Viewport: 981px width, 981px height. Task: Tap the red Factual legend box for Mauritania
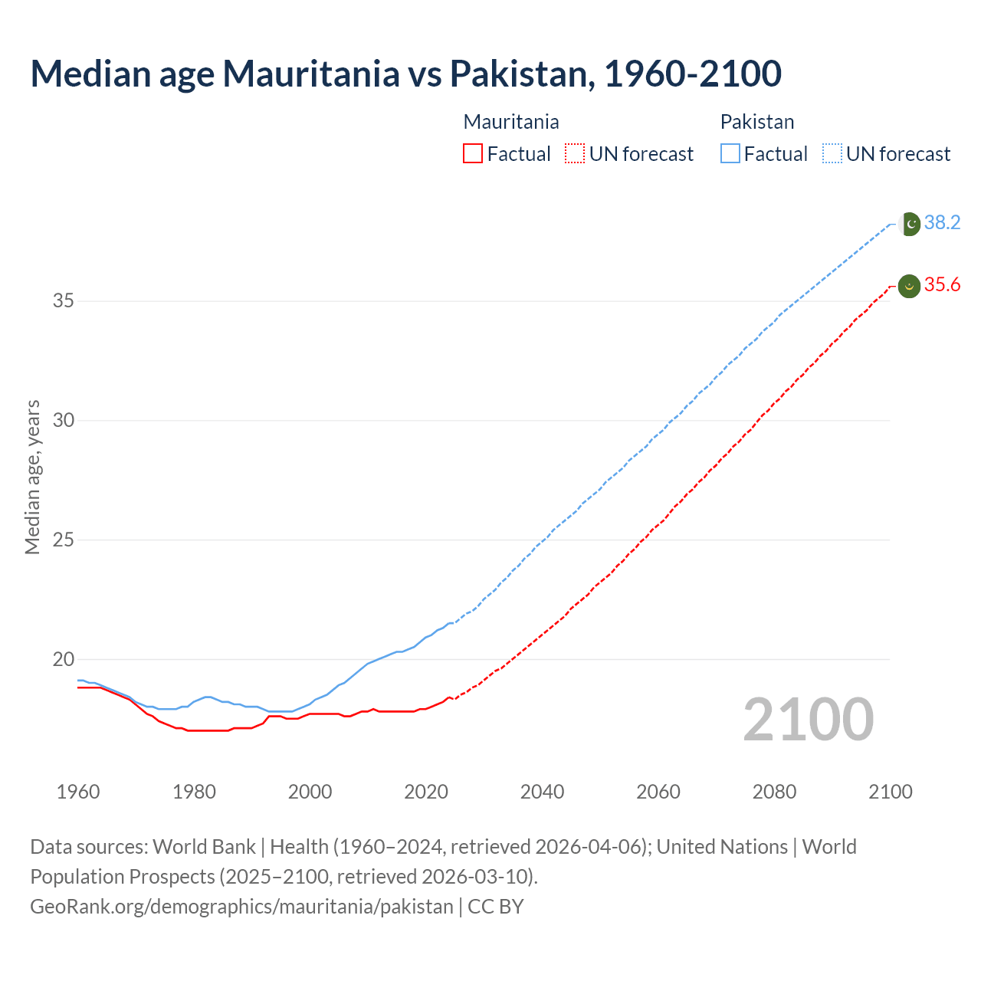point(473,154)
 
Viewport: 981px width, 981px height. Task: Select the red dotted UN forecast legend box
point(575,154)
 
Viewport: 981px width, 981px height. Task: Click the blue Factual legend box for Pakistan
point(730,154)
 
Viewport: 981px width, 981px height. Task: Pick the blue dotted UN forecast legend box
point(832,154)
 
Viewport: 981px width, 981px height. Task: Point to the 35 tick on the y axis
point(64,300)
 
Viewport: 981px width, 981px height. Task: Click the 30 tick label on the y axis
point(64,420)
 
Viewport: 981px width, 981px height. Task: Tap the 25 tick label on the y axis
point(64,540)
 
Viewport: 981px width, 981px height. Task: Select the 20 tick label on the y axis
point(64,659)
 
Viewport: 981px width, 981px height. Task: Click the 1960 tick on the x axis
point(78,792)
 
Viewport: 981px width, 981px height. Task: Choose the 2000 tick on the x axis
point(310,792)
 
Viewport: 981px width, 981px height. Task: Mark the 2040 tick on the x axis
point(542,792)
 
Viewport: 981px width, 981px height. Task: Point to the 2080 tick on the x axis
point(774,792)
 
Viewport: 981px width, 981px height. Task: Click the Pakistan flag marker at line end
point(909,224)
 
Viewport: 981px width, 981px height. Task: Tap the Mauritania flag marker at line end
point(909,286)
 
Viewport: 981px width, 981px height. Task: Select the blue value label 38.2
point(942,222)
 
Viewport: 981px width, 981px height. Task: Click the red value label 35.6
point(942,285)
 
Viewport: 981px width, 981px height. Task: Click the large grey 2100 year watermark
point(809,720)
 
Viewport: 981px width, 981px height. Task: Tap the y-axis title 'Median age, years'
point(32,477)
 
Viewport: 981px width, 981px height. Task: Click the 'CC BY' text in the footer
point(496,907)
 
